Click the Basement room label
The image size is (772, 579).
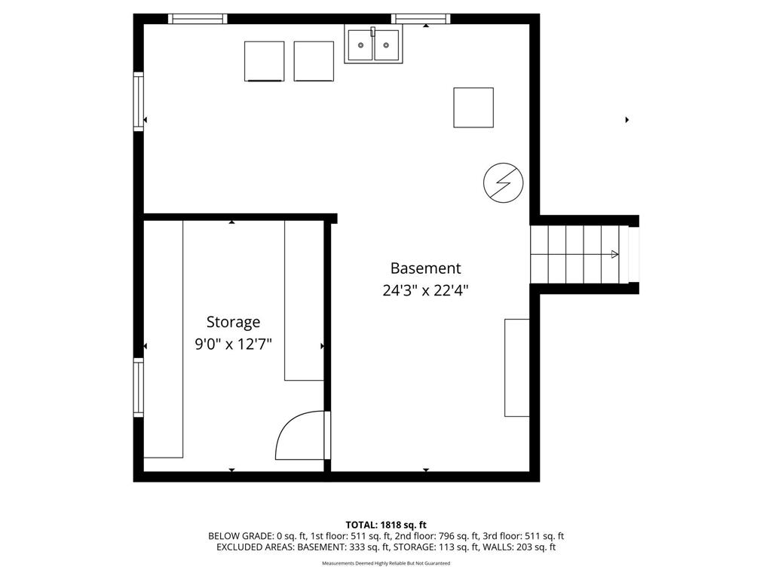tap(425, 268)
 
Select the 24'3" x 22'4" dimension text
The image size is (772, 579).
tap(425, 290)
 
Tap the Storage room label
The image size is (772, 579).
tap(234, 322)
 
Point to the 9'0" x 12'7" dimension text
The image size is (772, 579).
tap(234, 344)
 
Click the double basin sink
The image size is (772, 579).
tap(373, 44)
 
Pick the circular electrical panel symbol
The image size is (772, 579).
tap(503, 182)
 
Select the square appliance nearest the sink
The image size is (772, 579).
tap(314, 61)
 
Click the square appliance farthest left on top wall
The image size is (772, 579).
tap(265, 61)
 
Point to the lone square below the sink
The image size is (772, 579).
tap(473, 107)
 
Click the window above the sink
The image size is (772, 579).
tap(421, 19)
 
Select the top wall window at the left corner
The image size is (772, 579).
tap(198, 19)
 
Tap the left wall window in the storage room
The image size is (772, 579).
tap(139, 388)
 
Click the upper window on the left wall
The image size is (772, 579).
tap(139, 102)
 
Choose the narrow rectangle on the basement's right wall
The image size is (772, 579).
tap(517, 368)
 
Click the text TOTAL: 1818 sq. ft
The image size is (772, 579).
tap(386, 525)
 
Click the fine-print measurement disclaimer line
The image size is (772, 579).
tap(386, 563)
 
